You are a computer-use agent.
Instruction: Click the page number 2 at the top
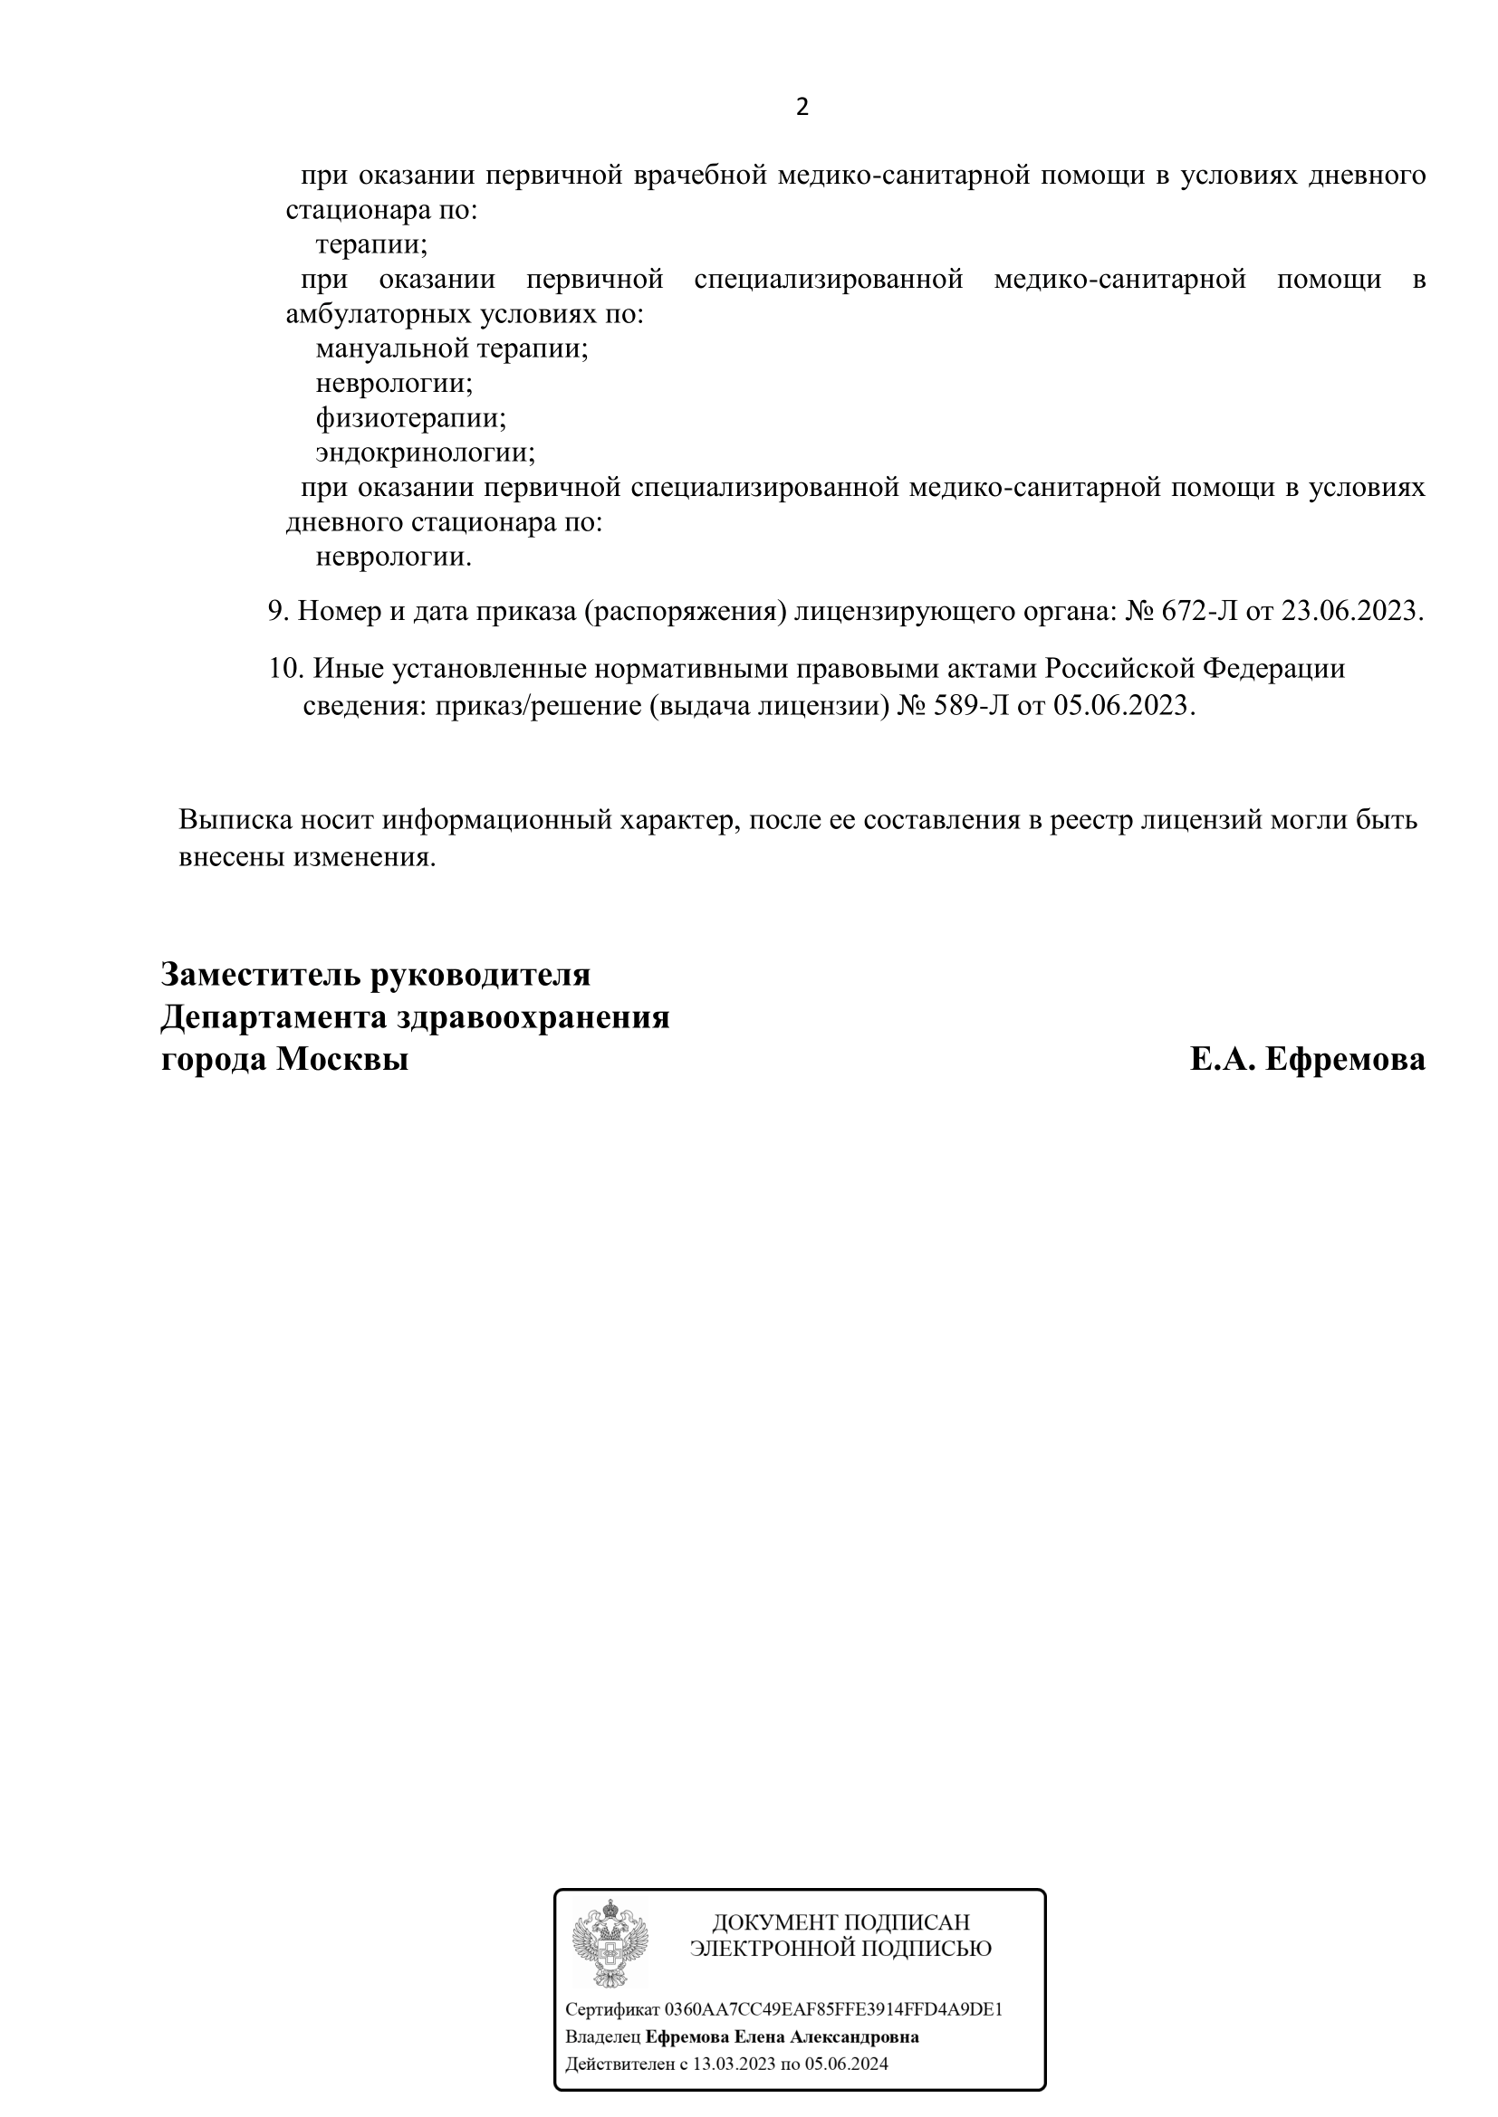802,108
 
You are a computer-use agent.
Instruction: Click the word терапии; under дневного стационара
370,245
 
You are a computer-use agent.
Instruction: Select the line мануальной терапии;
451,349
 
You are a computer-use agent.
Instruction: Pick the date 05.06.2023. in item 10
1125,706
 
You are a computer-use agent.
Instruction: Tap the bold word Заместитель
259,975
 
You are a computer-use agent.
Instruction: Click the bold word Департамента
273,1018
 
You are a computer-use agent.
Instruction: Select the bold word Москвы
342,1061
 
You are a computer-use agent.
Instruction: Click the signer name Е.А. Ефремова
1307,1061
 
